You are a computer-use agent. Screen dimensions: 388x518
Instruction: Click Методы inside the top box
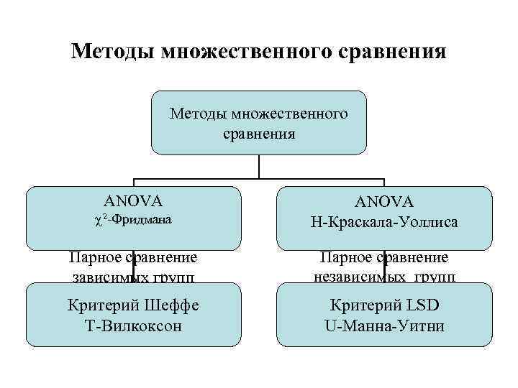click(195, 114)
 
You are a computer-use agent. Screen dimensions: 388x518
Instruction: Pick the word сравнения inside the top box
click(258, 133)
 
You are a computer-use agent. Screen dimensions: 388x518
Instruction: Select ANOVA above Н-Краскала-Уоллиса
click(385, 203)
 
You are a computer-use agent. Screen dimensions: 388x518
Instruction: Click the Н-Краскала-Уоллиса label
click(385, 224)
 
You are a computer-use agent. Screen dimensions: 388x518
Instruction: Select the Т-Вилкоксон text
click(134, 325)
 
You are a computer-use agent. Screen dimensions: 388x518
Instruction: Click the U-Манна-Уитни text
click(385, 325)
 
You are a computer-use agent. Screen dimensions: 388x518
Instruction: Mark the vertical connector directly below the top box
click(259, 167)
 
